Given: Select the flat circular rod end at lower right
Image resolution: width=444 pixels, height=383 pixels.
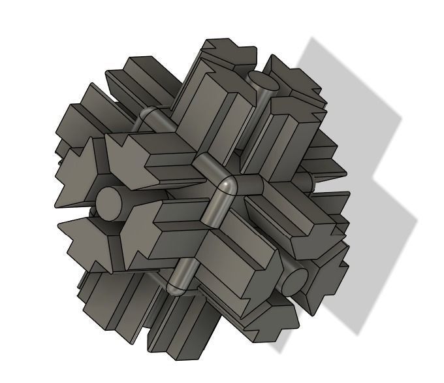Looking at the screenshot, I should [294, 280].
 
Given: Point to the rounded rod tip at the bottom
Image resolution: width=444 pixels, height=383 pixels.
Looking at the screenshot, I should [175, 288].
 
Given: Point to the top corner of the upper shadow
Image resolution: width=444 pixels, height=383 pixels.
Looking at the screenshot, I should [313, 38].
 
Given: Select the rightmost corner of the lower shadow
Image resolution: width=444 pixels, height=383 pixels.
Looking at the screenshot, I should [417, 219].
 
